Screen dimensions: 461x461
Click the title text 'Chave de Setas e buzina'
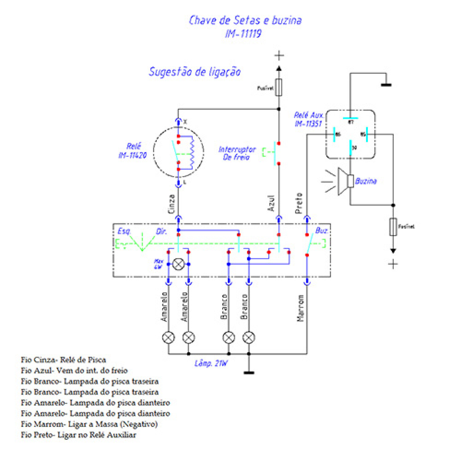[245, 20]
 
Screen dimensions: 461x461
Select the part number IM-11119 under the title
[243, 33]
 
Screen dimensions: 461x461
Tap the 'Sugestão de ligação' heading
[195, 72]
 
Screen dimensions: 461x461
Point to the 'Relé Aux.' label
[308, 115]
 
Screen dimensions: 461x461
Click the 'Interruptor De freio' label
[237, 153]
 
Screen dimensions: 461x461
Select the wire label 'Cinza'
[171, 204]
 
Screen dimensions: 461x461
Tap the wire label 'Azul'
[271, 203]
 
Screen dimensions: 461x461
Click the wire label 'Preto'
[298, 203]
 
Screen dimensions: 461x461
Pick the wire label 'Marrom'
[300, 308]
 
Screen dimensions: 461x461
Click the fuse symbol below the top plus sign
[279, 88]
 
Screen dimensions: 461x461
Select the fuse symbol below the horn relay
[393, 227]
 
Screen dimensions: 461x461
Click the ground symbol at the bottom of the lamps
[249, 372]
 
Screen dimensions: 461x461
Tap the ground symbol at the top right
[386, 85]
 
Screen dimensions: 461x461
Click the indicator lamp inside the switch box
[178, 264]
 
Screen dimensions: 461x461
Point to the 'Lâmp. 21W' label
[211, 364]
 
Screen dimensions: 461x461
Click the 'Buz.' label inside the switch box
[321, 230]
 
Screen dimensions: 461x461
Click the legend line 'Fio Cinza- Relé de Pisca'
[63, 360]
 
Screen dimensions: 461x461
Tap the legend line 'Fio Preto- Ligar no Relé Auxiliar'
[78, 435]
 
